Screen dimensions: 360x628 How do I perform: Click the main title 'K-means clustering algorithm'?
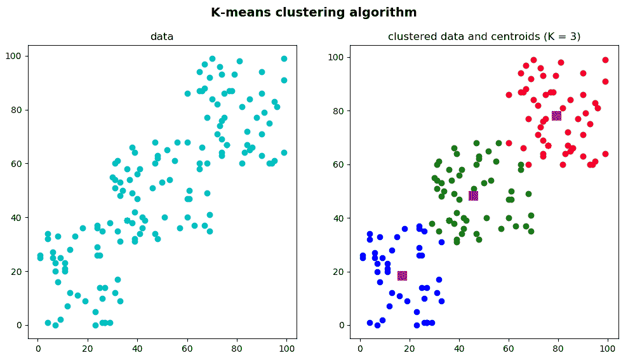pos(314,12)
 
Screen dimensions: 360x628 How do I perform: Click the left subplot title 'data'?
pos(162,37)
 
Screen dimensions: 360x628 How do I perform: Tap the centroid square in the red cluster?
pos(556,116)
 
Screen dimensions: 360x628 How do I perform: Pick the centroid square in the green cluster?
pos(473,196)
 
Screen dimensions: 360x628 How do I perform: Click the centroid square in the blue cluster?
pos(402,276)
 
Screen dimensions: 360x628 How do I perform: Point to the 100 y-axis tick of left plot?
pos(15,57)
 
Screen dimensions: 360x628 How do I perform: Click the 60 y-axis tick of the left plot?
pos(17,164)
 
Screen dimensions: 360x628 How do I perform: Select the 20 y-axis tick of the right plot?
pos(339,272)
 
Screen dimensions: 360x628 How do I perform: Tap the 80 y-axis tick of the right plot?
pos(339,110)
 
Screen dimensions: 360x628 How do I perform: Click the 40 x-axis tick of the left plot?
pos(137,349)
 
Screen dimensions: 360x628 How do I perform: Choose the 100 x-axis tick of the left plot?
pos(286,349)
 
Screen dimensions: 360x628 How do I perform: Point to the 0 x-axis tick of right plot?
pos(360,349)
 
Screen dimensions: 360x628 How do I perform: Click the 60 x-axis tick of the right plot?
pos(509,349)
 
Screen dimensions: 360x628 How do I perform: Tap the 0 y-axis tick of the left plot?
pos(20,325)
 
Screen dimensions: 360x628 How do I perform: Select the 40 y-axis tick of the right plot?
pos(339,218)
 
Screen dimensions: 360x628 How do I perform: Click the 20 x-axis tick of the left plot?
pos(88,349)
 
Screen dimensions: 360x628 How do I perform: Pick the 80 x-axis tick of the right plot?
pos(558,349)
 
